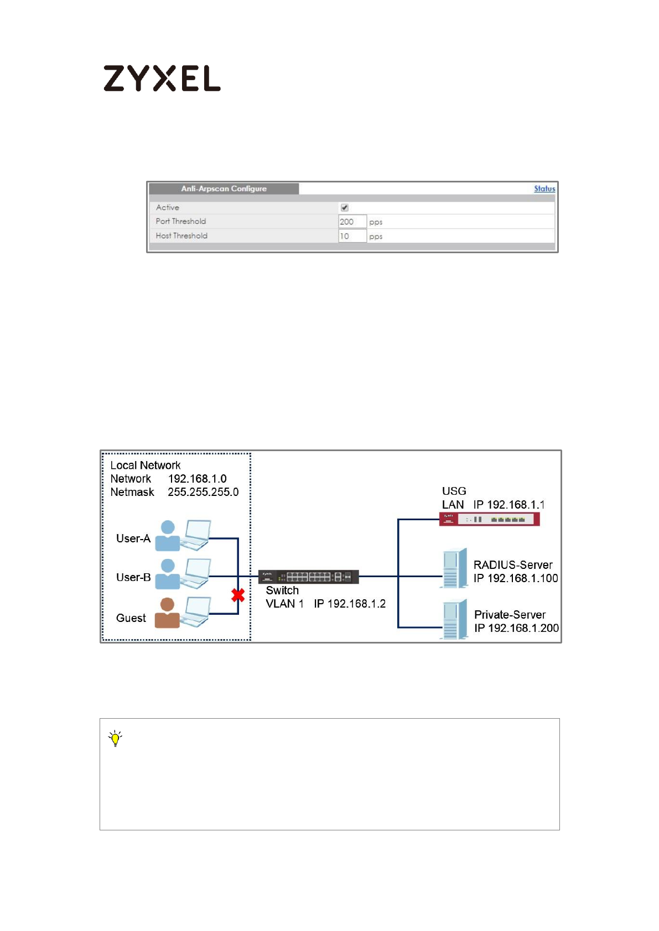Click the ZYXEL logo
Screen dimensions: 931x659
(162, 78)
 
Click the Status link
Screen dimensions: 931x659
(544, 189)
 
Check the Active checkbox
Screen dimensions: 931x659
(345, 208)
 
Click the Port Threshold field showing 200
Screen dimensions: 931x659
(352, 222)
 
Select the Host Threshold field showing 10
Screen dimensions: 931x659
(352, 236)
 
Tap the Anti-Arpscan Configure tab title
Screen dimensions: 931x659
(224, 189)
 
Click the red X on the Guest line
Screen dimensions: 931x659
(238, 595)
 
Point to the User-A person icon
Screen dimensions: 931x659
(168, 536)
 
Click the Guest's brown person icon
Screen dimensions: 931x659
(167, 613)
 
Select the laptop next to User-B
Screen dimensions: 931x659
(197, 573)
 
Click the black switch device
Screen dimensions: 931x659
(308, 577)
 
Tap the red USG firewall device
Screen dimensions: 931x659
(489, 519)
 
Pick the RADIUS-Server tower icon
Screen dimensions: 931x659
(455, 568)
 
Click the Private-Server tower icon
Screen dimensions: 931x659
(455, 619)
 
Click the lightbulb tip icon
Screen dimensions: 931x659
(115, 738)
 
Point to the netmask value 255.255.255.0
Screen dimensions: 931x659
(203, 492)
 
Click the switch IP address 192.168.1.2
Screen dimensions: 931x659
(350, 604)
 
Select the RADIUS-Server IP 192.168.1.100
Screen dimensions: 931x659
(522, 578)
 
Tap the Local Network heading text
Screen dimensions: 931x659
(146, 465)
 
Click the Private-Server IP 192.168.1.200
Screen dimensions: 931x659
(523, 628)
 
